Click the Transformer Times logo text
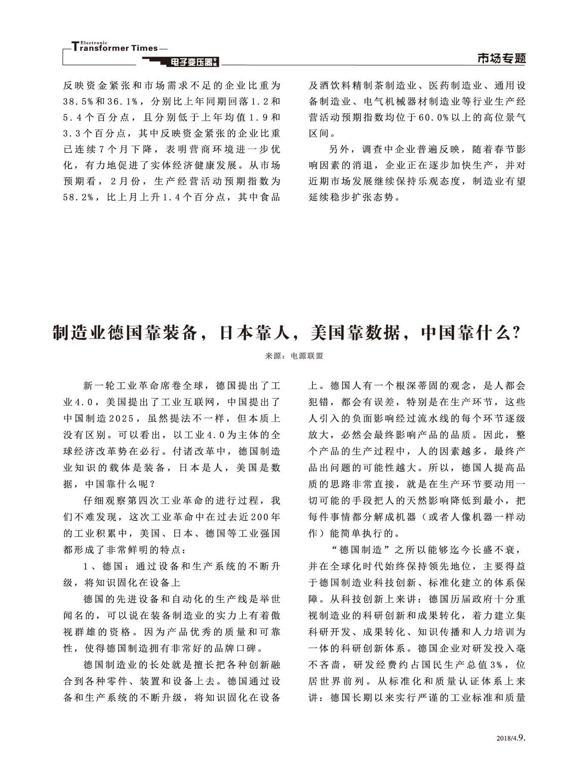click(x=115, y=48)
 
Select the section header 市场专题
click(x=502, y=58)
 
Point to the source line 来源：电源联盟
click(x=294, y=356)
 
